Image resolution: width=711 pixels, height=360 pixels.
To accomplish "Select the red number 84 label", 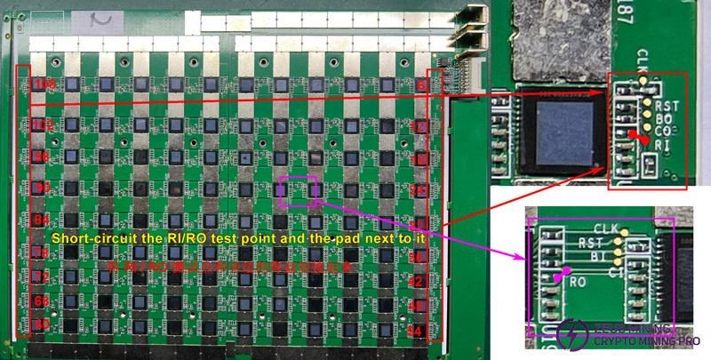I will (42, 219).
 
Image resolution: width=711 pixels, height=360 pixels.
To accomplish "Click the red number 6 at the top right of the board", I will (420, 84).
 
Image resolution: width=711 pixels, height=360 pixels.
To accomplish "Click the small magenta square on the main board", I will (298, 191).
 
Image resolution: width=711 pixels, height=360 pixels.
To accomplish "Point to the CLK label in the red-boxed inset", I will (643, 64).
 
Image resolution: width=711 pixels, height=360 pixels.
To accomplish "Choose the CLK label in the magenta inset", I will (604, 229).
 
